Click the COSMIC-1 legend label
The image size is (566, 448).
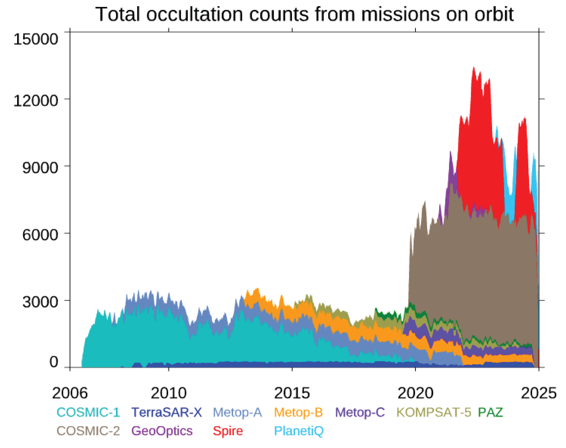(88, 412)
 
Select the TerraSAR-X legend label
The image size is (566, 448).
(166, 412)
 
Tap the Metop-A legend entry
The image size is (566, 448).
(237, 412)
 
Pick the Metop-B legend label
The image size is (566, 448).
(298, 412)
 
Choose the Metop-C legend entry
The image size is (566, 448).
(360, 412)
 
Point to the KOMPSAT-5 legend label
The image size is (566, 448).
(434, 412)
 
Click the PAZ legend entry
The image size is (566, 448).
(490, 412)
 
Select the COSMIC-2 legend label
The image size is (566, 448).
(88, 431)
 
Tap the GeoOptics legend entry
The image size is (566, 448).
(162, 431)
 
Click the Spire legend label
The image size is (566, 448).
(228, 431)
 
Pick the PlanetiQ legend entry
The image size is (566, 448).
(299, 431)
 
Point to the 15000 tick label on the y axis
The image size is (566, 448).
(36, 39)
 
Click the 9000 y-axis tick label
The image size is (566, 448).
(40, 167)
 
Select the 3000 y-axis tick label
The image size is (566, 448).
(40, 302)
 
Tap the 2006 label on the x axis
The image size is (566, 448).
(70, 393)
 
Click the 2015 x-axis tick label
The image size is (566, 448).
(292, 393)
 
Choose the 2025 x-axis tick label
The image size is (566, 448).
(539, 393)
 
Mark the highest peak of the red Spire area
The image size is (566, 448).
(473, 67)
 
